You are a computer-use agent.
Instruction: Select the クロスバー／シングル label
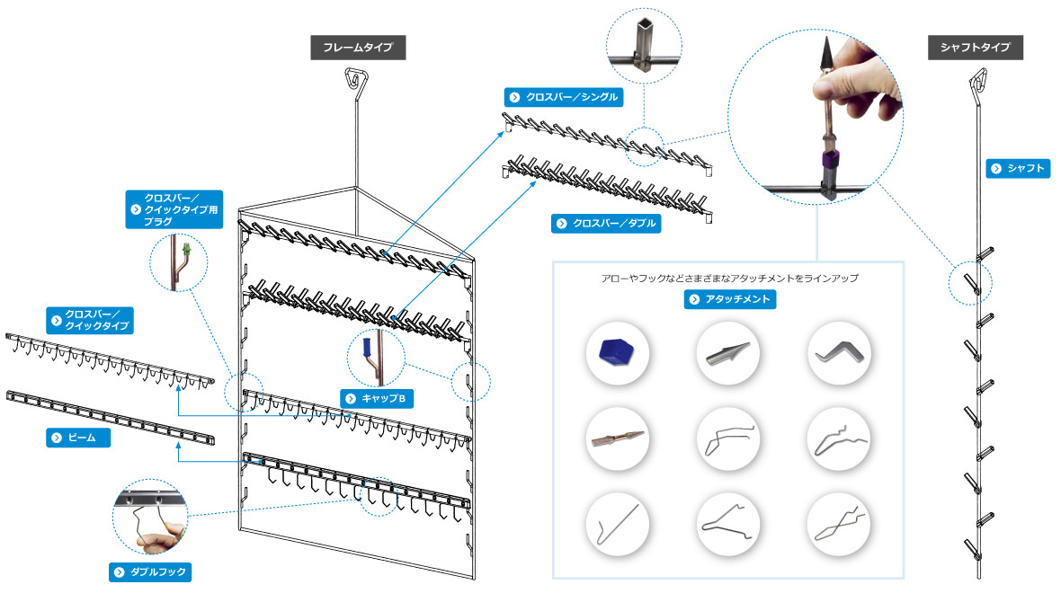click(563, 97)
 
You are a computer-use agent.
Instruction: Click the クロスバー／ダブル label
click(606, 223)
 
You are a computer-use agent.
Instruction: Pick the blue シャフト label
click(1018, 168)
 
